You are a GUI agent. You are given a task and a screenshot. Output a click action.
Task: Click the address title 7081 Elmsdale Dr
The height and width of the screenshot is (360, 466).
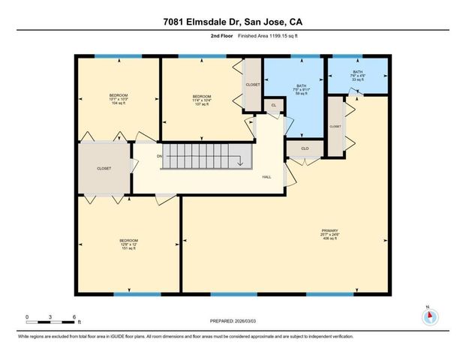(x=233, y=21)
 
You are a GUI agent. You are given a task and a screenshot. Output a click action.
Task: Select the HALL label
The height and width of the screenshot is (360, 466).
(x=266, y=178)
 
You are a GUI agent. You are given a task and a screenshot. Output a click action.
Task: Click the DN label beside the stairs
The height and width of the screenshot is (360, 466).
(x=159, y=156)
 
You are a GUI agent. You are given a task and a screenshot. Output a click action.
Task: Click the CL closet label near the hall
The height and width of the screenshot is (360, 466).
(x=274, y=106)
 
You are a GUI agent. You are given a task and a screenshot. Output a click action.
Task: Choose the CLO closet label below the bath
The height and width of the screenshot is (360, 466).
(x=305, y=148)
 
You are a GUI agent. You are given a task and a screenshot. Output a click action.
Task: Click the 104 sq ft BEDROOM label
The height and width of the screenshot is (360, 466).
(x=119, y=98)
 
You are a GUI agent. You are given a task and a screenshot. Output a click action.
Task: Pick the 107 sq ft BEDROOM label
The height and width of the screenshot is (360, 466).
(x=201, y=100)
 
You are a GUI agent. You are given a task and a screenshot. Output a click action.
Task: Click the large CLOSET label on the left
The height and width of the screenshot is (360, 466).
(x=104, y=169)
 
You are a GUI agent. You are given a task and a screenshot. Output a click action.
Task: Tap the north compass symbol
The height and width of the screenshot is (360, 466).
(x=428, y=316)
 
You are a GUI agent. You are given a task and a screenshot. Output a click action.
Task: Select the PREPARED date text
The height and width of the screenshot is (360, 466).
(x=232, y=321)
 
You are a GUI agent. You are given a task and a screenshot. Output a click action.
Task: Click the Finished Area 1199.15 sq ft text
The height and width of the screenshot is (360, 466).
(x=257, y=34)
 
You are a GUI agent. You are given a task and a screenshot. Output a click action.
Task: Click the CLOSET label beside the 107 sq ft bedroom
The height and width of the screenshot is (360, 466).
(x=253, y=85)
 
